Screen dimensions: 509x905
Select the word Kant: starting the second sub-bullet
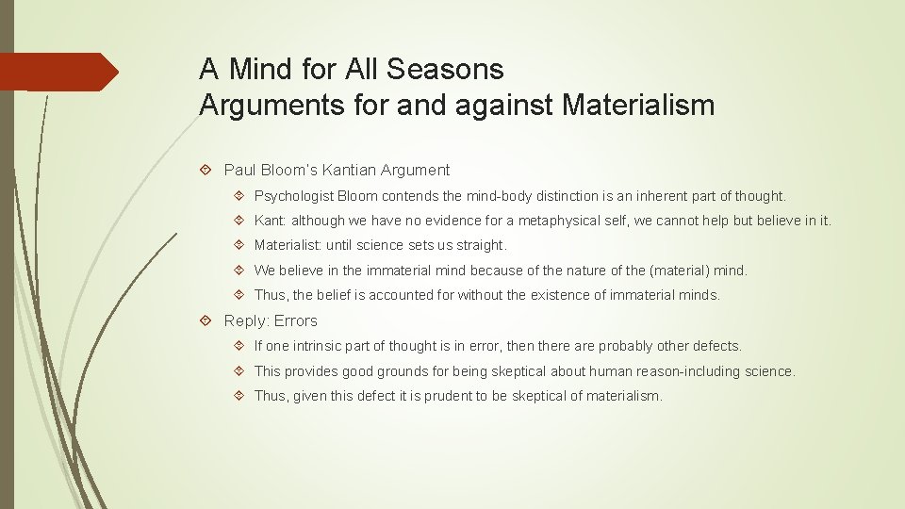pyautogui.click(x=271, y=221)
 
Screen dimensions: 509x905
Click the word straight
pyautogui.click(x=481, y=245)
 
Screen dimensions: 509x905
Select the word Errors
pyautogui.click(x=296, y=320)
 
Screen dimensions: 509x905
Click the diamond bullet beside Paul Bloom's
pyautogui.click(x=209, y=171)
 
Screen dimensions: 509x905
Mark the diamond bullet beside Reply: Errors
pyautogui.click(x=209, y=320)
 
